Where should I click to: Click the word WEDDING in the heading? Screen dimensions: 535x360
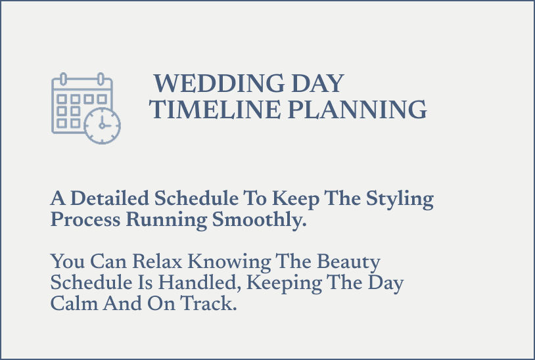(219, 83)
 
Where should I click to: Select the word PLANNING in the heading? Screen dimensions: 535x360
(358, 110)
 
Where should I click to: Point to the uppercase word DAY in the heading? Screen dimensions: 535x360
(318, 83)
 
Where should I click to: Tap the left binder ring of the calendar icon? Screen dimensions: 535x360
(64, 79)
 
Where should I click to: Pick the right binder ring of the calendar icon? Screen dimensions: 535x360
(101, 79)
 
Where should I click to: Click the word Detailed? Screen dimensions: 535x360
(110, 198)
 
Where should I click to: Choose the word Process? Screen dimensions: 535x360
(85, 220)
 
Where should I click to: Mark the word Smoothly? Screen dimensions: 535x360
(260, 220)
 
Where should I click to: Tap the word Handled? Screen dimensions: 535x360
(200, 283)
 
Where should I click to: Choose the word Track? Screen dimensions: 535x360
(208, 304)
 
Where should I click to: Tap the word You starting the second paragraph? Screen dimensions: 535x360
(67, 262)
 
